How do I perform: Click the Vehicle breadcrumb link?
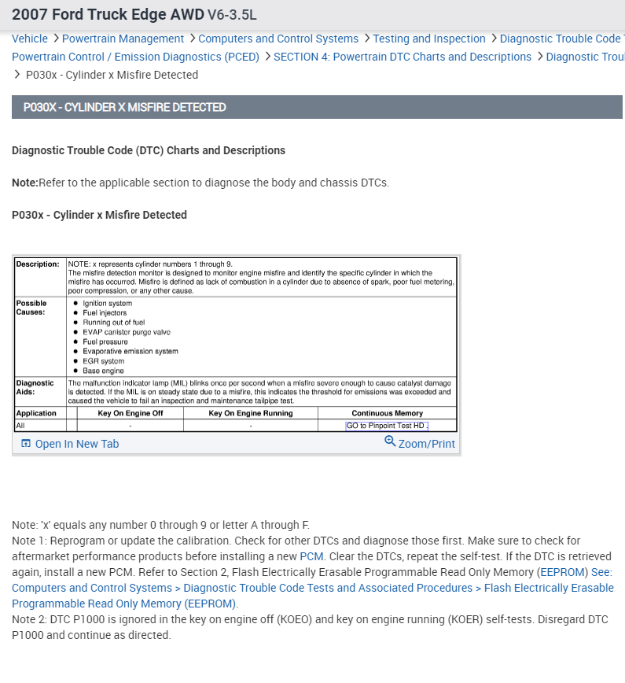tap(30, 39)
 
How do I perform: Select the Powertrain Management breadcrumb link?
tap(123, 39)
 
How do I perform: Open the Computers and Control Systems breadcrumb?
tap(278, 39)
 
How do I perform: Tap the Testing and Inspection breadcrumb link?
tap(429, 39)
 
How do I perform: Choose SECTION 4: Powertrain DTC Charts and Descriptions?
tap(402, 57)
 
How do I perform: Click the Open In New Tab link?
tap(76, 444)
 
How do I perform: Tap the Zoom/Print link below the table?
tap(426, 444)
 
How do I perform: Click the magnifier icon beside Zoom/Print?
tap(390, 441)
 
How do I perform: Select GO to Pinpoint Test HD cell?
tap(387, 426)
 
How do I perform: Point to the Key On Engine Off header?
tap(130, 413)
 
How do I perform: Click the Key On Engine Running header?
tap(250, 413)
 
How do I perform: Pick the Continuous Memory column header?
tap(387, 413)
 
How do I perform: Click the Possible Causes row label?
tap(31, 308)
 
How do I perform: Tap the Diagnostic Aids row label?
tap(35, 387)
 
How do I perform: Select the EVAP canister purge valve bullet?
tap(126, 332)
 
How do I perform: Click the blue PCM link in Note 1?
tap(311, 556)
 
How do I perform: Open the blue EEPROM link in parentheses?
tap(563, 572)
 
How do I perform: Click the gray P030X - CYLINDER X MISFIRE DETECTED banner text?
tap(124, 107)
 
